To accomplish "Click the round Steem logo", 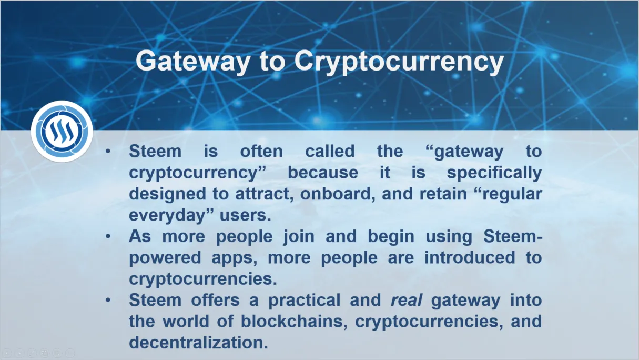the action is click(62, 132).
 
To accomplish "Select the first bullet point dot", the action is click(108, 151).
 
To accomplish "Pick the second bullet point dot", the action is click(108, 236).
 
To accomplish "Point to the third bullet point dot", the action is click(108, 300).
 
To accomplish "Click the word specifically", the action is click(494, 173).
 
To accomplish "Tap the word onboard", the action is click(338, 194).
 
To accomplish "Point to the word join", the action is click(299, 237).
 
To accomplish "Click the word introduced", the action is click(470, 257).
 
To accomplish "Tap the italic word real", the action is click(406, 301).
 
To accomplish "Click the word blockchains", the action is click(294, 322).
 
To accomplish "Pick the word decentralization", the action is click(199, 343).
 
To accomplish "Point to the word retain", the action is click(443, 194).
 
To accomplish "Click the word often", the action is click(261, 151).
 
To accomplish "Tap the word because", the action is click(323, 173).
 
